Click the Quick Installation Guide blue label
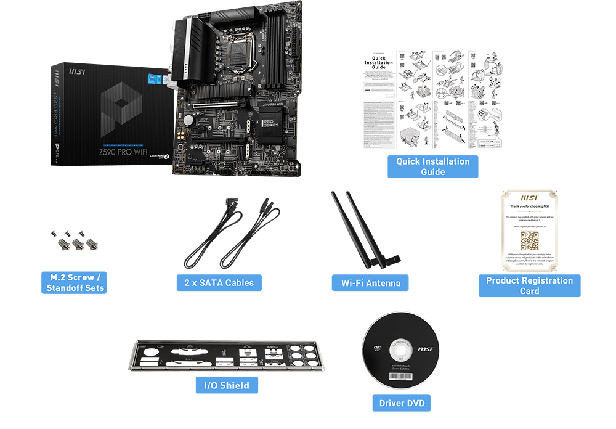[x=432, y=166]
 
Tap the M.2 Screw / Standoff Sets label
[x=75, y=282]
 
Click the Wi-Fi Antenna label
[x=371, y=283]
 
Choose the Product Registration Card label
[x=529, y=285]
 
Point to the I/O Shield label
[x=226, y=385]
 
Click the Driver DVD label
[x=402, y=403]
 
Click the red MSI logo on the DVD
[x=425, y=349]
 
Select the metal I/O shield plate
[x=226, y=357]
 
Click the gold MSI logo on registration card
[x=529, y=198]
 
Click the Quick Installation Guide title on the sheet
[x=379, y=63]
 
